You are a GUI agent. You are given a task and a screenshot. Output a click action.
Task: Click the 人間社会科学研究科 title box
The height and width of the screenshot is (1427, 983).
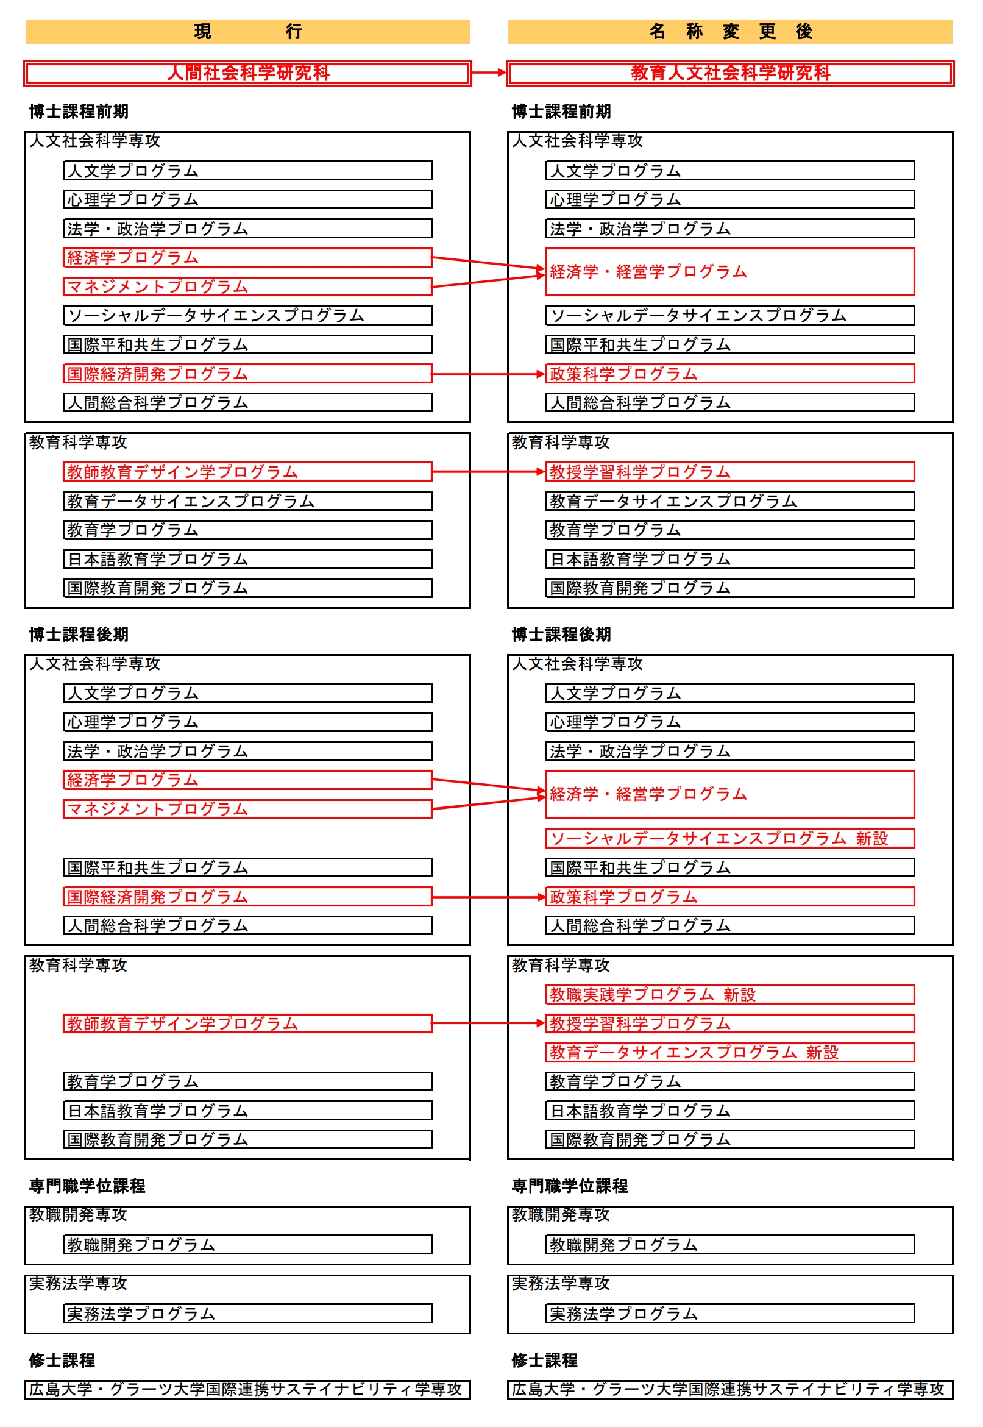(x=247, y=73)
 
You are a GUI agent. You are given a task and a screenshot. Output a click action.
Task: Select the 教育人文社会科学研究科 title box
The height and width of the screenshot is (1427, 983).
(x=730, y=73)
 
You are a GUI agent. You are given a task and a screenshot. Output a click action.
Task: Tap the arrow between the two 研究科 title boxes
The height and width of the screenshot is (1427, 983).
(x=488, y=73)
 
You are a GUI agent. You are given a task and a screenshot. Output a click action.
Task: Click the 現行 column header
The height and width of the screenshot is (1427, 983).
(x=247, y=32)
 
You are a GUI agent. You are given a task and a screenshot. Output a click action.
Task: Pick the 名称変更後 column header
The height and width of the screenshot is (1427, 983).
(x=730, y=32)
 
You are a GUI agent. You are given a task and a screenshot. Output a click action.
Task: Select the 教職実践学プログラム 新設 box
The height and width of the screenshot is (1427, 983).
(x=730, y=995)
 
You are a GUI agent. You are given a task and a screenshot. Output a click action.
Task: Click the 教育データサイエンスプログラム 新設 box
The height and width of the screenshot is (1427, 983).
(x=730, y=1053)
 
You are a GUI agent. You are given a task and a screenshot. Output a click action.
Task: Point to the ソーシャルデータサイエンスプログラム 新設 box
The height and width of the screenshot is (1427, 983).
(x=730, y=839)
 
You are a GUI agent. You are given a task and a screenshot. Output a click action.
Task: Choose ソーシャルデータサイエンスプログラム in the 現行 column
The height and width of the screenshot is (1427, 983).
(x=247, y=316)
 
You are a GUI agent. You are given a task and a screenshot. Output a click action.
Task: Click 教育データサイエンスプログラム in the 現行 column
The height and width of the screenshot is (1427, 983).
(x=247, y=501)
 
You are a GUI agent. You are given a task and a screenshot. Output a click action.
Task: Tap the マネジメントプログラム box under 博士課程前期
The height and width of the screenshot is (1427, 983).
(x=247, y=287)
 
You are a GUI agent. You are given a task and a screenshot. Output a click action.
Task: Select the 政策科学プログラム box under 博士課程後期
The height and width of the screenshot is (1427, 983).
(x=730, y=897)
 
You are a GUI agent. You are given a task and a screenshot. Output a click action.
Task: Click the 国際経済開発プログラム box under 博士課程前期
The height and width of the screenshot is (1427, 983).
(x=247, y=374)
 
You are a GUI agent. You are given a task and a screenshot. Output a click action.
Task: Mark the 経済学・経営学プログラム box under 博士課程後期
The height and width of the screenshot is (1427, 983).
(x=730, y=794)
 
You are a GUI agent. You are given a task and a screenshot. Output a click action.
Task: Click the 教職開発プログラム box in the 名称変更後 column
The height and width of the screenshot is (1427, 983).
(x=730, y=1245)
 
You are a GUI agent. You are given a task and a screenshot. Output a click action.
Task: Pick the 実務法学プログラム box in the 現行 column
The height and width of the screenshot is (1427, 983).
(x=247, y=1314)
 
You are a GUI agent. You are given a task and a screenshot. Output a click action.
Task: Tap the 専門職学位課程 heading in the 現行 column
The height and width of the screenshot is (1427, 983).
(x=87, y=1186)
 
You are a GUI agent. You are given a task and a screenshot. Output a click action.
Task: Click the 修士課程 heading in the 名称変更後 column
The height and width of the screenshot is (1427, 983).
(x=544, y=1361)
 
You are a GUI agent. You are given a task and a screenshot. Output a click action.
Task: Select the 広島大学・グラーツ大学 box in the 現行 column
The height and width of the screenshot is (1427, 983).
(x=247, y=1390)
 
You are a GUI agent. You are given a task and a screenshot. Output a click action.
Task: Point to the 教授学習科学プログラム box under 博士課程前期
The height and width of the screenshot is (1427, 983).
(x=730, y=472)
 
